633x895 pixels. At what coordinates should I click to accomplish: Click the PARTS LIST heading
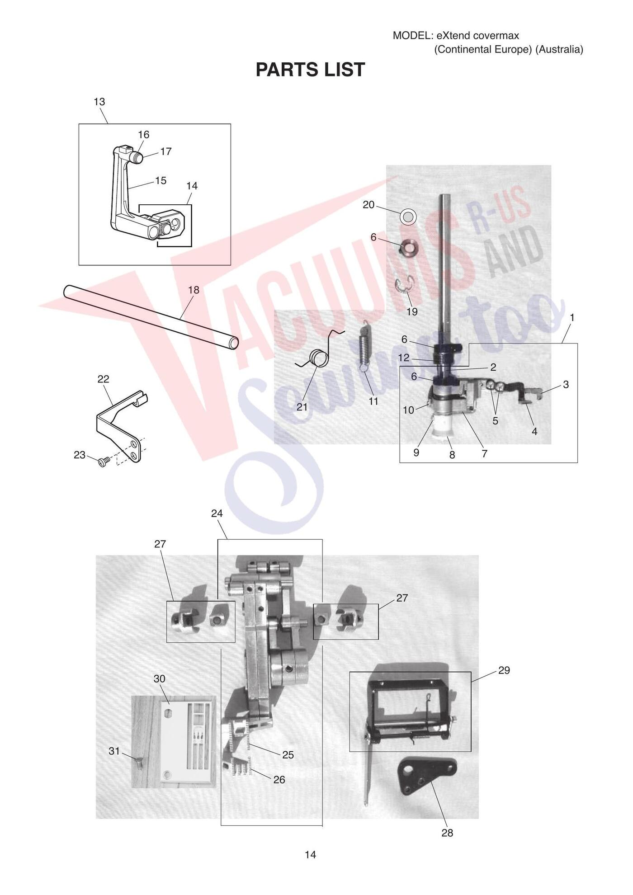(310, 70)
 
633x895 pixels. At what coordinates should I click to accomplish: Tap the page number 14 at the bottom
(310, 854)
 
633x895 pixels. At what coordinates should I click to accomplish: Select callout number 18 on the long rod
(194, 290)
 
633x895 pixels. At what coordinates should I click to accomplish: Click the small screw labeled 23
(104, 462)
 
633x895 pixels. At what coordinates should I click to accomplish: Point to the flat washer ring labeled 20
(408, 217)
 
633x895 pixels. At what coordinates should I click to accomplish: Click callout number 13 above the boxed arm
(99, 102)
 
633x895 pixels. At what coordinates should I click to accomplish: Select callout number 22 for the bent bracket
(103, 379)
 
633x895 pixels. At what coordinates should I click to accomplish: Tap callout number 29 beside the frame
(504, 670)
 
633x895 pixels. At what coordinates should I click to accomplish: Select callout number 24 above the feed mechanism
(217, 513)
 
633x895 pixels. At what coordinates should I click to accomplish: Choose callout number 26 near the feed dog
(279, 779)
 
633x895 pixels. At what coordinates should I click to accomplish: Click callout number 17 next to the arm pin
(166, 151)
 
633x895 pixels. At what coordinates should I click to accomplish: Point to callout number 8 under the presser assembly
(452, 455)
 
